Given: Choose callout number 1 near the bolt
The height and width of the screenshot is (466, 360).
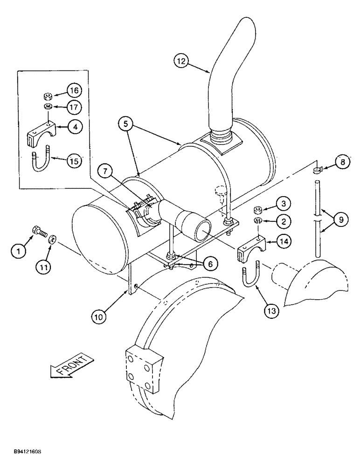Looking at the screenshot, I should (x=18, y=252).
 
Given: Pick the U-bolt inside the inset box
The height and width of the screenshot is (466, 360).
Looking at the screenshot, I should (x=40, y=159).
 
